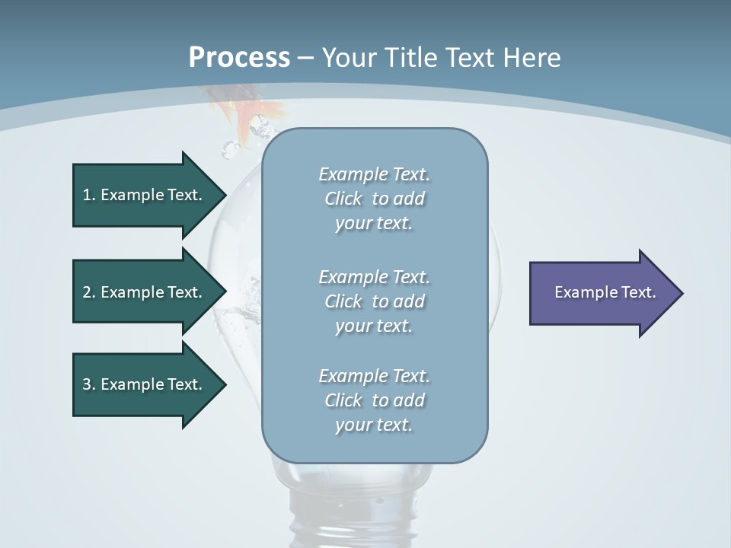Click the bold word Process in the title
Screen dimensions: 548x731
[239, 57]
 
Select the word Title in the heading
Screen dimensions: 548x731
[413, 57]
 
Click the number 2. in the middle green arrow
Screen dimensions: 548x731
[88, 292]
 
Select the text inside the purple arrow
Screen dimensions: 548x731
[605, 292]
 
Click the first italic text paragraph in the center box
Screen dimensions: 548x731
[375, 199]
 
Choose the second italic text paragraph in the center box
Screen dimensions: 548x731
[375, 301]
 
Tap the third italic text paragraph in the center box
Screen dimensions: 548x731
[375, 400]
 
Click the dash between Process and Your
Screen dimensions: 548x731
[305, 58]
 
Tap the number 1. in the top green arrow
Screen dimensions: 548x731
[88, 195]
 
